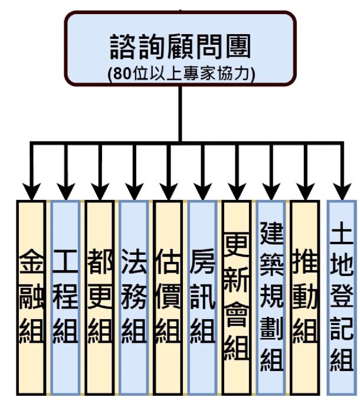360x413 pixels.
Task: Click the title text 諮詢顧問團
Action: [180, 46]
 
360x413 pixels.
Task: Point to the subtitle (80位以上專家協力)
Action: [180, 74]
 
